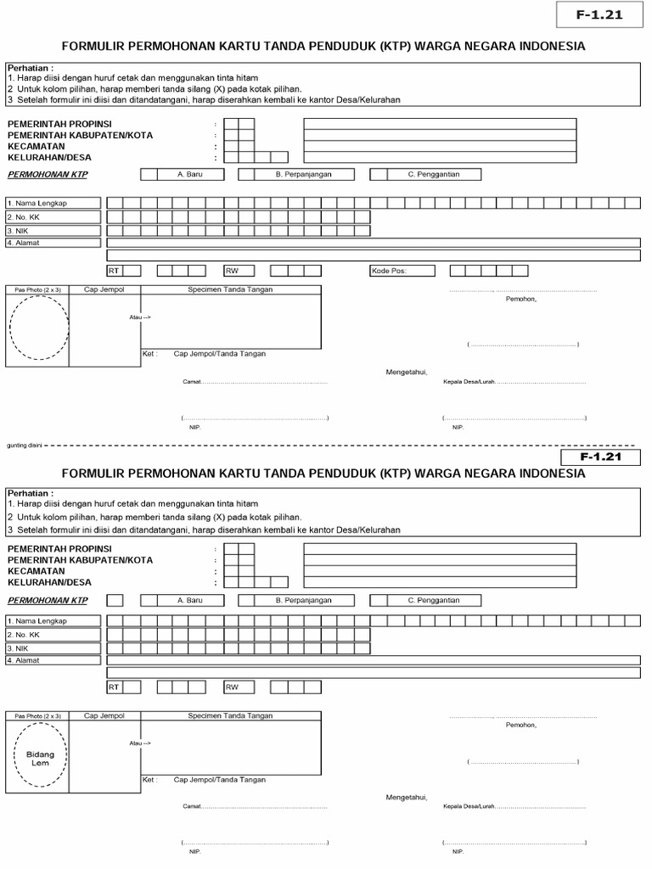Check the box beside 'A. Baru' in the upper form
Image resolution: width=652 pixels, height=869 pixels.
[x=149, y=174]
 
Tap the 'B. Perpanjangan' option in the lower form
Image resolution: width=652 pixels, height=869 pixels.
[x=303, y=600]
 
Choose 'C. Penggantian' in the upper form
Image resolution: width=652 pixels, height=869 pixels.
[x=433, y=174]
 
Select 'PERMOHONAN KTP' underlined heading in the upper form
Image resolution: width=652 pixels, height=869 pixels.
[x=48, y=174]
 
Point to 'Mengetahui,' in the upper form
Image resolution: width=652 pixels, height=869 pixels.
[x=407, y=372]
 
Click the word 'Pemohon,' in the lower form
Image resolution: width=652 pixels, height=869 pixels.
[x=521, y=725]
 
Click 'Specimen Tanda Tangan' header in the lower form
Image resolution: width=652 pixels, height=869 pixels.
[x=231, y=716]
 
